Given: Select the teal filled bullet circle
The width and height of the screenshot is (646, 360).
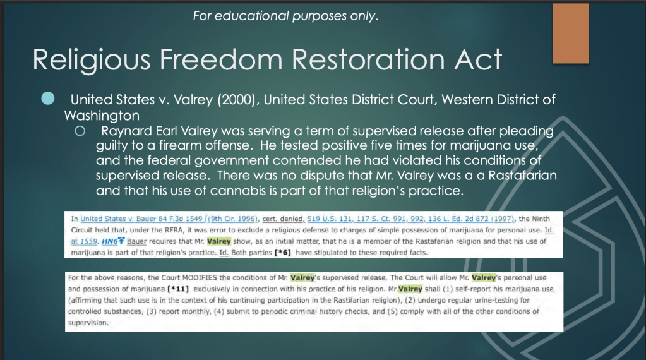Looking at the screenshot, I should (49, 99).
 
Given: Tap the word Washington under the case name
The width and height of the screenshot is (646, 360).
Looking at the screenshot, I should (102, 116).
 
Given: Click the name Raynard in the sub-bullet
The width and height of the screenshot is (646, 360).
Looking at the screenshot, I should (125, 131).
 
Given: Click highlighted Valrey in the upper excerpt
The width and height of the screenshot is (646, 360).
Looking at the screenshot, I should (218, 241).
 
